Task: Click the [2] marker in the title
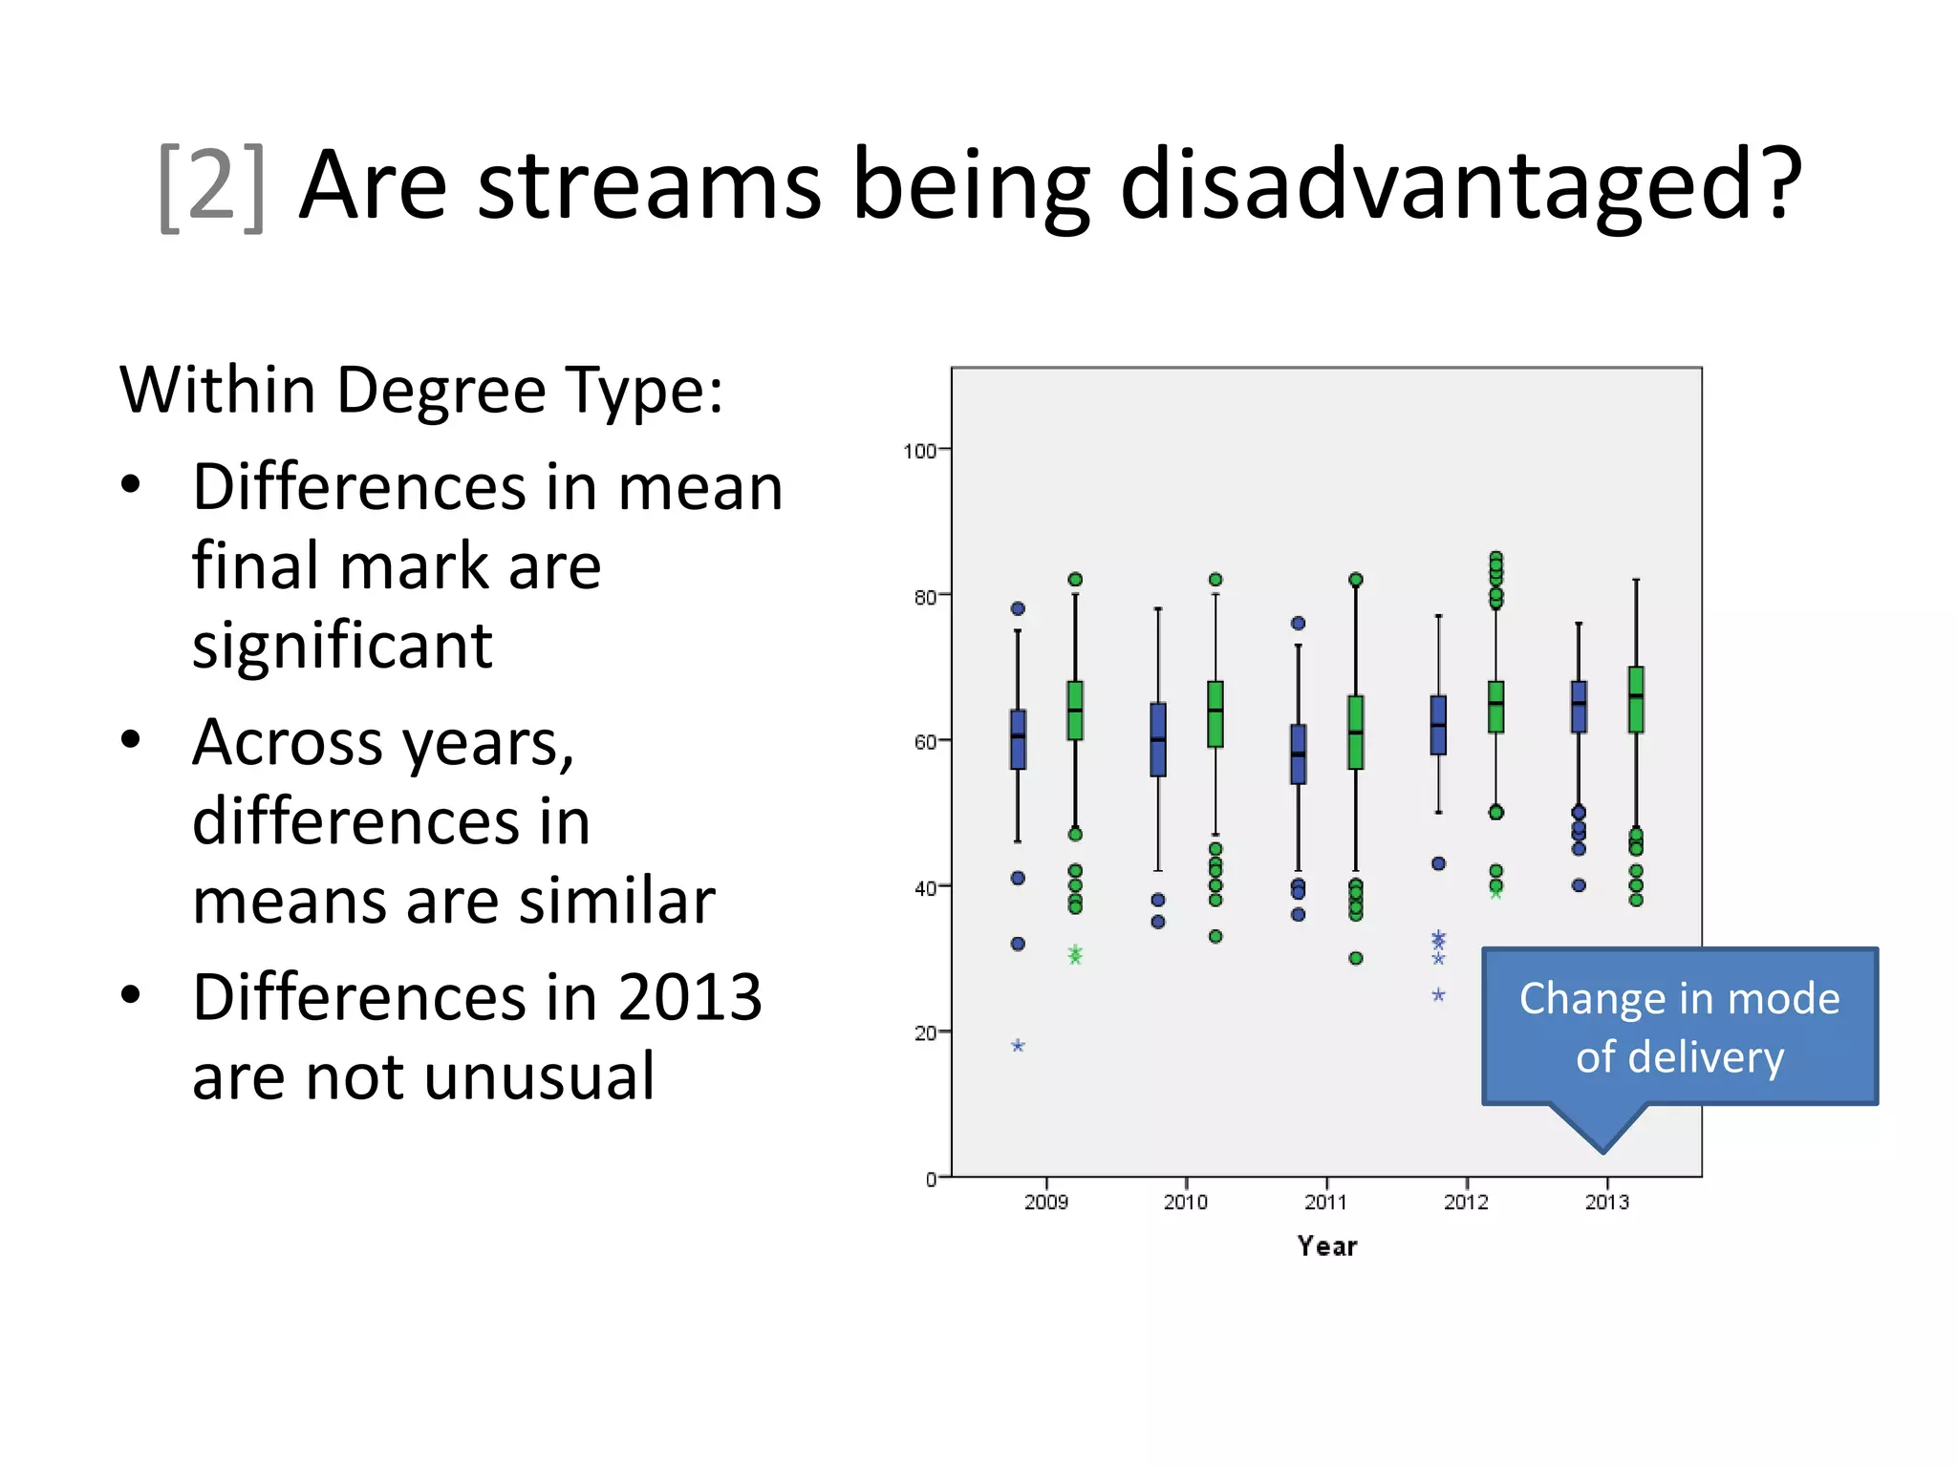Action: click(x=211, y=185)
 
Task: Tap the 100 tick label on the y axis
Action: click(x=919, y=451)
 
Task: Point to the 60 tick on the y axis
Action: click(x=924, y=742)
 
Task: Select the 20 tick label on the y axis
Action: click(x=924, y=1033)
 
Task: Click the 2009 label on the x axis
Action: click(x=1045, y=1202)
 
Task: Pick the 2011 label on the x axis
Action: click(x=1325, y=1202)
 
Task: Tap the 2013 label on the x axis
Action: click(x=1606, y=1202)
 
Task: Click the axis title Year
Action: click(x=1326, y=1246)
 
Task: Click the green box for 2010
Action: click(x=1215, y=714)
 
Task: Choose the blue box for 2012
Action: click(x=1438, y=726)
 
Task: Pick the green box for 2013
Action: click(x=1636, y=700)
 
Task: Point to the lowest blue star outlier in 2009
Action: click(x=1018, y=1046)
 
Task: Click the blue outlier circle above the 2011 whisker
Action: click(x=1298, y=624)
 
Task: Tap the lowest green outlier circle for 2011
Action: click(x=1355, y=958)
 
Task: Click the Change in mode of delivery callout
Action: click(x=1679, y=1028)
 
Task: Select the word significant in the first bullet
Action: click(x=342, y=646)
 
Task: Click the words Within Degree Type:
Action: click(x=421, y=391)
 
